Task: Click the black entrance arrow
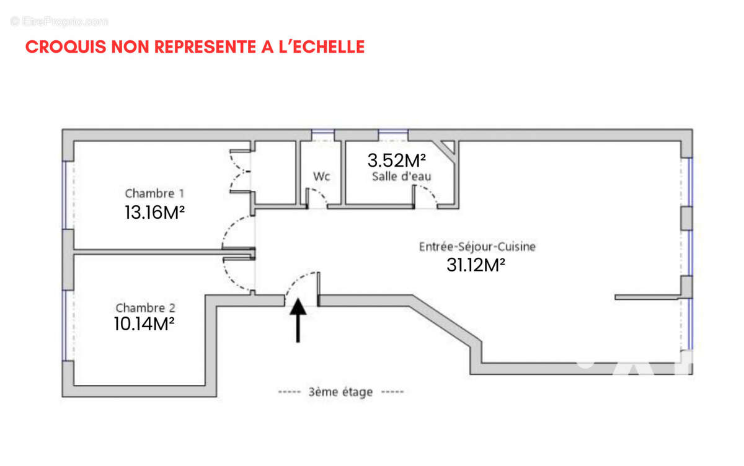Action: tap(298, 320)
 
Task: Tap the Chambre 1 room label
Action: tap(154, 193)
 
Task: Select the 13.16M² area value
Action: tap(155, 213)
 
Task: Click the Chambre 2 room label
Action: tap(145, 307)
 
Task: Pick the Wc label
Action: tap(321, 176)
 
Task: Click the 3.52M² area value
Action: tap(397, 160)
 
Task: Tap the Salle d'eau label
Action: tap(401, 177)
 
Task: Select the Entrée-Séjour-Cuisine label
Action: tap(477, 246)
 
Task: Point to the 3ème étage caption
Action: tap(341, 392)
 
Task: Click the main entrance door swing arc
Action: tap(301, 284)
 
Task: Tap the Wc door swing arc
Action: tap(318, 197)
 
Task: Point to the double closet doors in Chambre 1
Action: tap(239, 171)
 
